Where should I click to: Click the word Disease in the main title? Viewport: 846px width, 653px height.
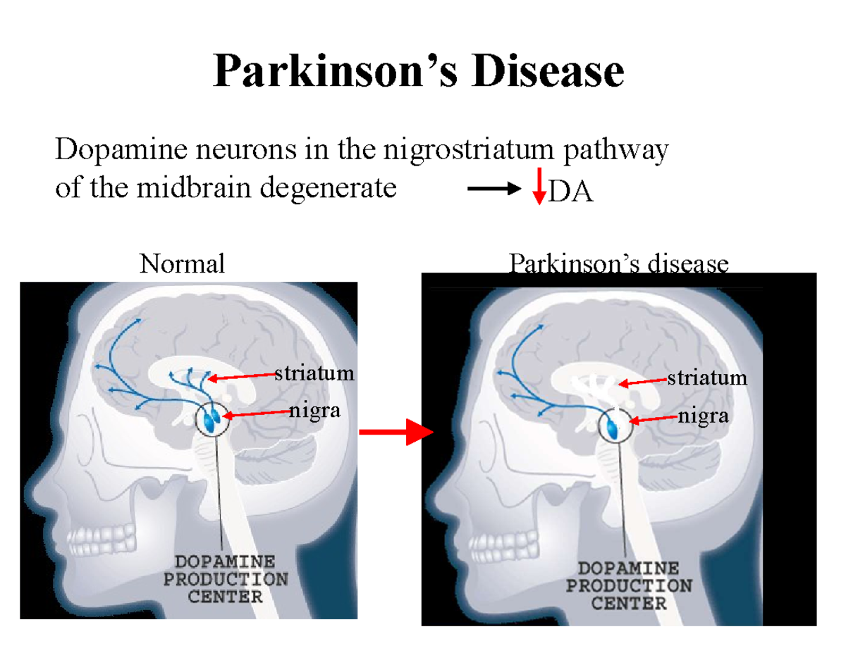(x=548, y=70)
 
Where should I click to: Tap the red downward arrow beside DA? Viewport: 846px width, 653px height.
(x=539, y=186)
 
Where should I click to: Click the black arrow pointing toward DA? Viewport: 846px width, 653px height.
(x=494, y=189)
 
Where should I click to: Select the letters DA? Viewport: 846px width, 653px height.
(x=571, y=192)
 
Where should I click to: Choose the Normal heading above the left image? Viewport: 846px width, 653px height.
(x=182, y=263)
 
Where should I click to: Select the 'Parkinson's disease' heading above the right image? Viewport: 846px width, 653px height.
(x=618, y=263)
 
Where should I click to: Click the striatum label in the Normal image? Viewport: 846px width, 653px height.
(x=314, y=373)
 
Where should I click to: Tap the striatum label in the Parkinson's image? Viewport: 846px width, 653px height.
(x=707, y=378)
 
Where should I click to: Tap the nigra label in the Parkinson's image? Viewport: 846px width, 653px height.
(x=703, y=417)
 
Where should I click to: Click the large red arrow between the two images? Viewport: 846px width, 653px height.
(x=396, y=432)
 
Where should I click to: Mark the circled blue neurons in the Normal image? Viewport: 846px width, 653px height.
(x=211, y=419)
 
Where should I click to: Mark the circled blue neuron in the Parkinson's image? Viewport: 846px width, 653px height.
(x=615, y=425)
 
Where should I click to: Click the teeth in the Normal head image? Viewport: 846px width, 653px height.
(x=102, y=539)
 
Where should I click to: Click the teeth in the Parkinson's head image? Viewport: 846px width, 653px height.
(x=504, y=547)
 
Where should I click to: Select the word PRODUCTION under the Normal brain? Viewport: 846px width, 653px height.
(x=226, y=579)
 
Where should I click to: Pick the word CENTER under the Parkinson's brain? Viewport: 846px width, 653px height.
(x=629, y=604)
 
